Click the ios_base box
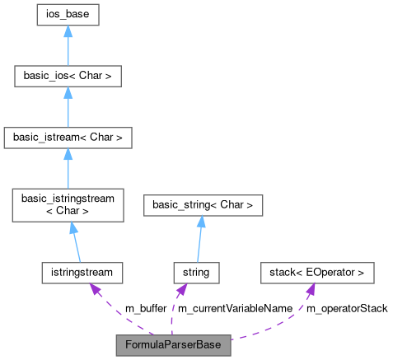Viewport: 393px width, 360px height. click(68, 14)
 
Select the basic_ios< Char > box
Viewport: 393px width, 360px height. click(68, 77)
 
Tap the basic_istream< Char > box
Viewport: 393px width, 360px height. click(68, 138)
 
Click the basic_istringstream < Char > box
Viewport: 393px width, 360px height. click(68, 204)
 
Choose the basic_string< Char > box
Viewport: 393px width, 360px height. click(203, 206)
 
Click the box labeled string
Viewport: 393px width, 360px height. click(196, 271)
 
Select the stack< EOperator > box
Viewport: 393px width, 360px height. click(317, 271)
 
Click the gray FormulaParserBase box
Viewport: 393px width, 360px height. click(173, 344)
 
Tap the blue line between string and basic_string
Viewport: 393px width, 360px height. click(199, 243)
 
